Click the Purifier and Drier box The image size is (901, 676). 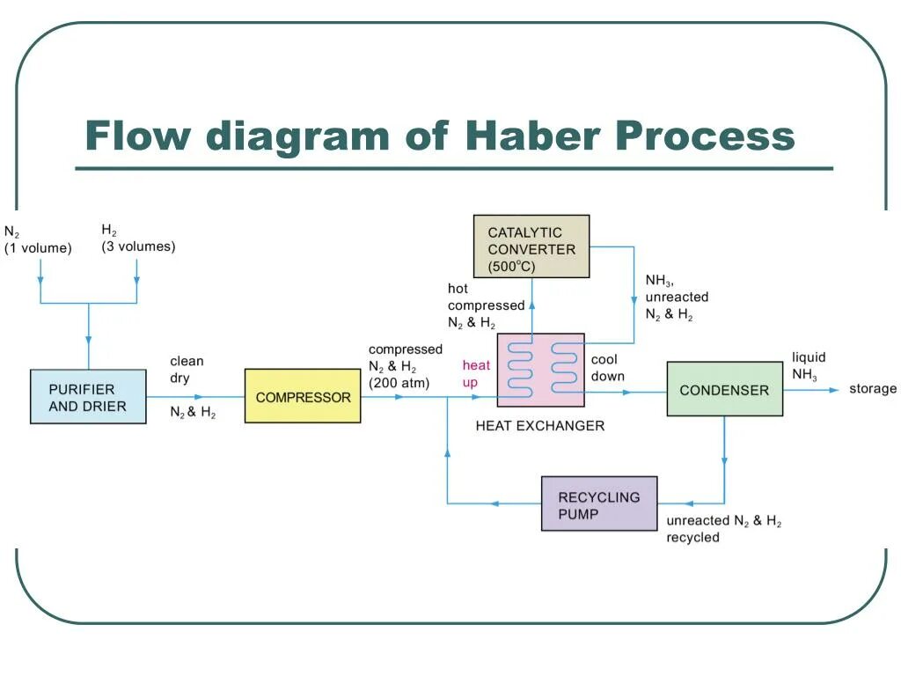coord(88,397)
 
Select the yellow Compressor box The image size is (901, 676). coord(303,397)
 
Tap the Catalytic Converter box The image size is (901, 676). coord(531,246)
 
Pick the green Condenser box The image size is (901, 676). coord(724,389)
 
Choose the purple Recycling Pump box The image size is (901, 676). coord(599,503)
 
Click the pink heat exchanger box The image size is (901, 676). coord(541,370)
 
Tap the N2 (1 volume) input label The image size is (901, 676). coord(38,240)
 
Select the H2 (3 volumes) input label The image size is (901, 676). coord(138,239)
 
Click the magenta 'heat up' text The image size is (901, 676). coord(476,374)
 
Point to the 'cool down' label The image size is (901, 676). coord(607,368)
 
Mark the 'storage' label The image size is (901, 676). coord(873,389)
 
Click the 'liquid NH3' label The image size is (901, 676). coord(808,366)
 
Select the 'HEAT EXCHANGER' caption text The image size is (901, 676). coord(540,426)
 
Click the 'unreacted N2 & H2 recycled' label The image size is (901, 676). coord(723,529)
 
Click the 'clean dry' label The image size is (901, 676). coord(187,370)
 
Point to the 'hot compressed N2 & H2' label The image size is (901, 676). coord(486,305)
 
